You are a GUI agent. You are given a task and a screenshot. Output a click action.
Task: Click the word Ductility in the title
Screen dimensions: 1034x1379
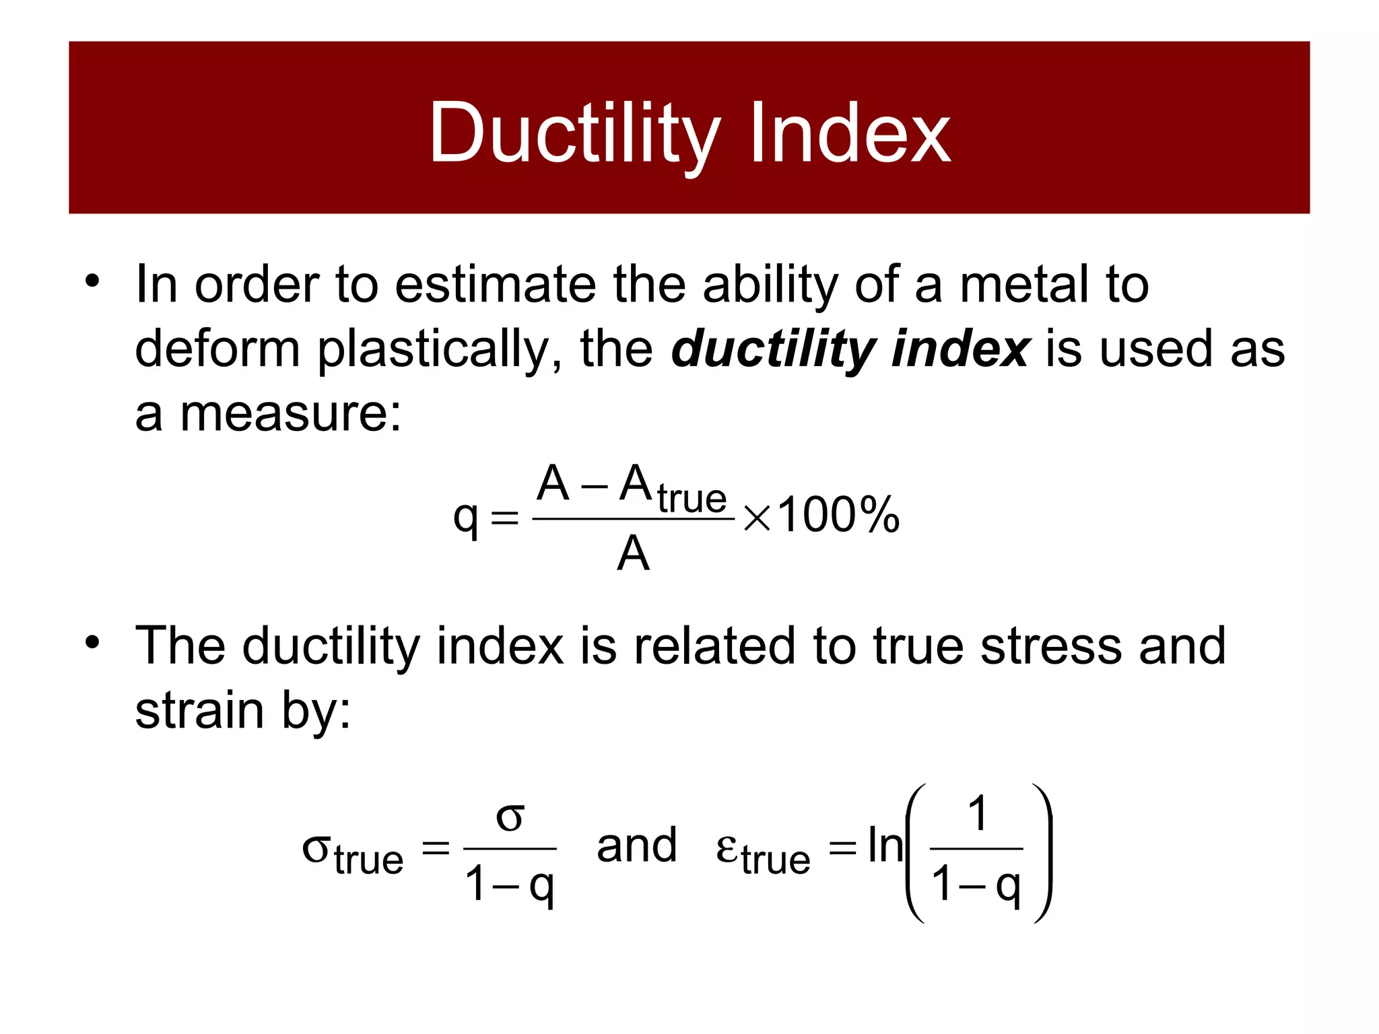(574, 135)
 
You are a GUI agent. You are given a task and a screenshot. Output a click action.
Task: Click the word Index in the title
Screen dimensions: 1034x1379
(850, 135)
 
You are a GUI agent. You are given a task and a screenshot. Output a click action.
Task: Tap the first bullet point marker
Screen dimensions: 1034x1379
(92, 281)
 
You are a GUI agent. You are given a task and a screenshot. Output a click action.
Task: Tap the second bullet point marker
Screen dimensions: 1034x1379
(92, 642)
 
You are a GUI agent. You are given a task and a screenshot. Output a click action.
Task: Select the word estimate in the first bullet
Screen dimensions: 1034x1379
(495, 284)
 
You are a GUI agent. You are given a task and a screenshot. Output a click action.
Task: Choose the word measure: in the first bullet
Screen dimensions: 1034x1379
(290, 413)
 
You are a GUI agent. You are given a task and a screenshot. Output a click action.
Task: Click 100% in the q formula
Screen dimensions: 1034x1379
(838, 516)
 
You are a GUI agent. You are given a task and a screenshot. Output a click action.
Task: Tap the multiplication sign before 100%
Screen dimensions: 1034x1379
(757, 519)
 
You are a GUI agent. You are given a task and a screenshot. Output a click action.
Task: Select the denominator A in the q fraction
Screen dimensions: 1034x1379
(633, 555)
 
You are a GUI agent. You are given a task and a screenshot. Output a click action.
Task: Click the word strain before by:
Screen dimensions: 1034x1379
(199, 711)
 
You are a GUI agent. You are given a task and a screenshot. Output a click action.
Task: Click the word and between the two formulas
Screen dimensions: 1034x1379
(636, 846)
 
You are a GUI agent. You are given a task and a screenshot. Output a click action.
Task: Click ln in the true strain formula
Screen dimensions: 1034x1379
(884, 846)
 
